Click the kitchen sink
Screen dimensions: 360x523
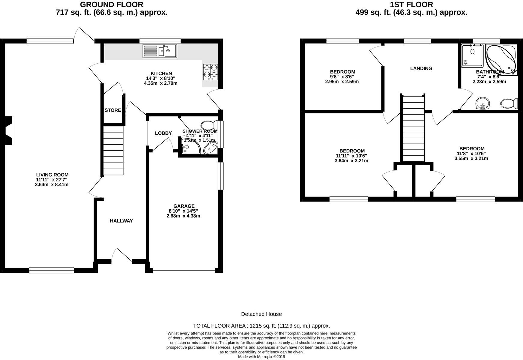160,51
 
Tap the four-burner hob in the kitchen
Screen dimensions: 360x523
211,72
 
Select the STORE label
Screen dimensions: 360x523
113,110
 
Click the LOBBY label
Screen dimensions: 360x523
163,133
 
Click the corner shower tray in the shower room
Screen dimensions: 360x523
190,146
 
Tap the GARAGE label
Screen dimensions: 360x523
184,206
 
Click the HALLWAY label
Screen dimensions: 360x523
121,221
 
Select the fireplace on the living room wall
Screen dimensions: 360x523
10,131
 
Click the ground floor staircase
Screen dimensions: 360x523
113,151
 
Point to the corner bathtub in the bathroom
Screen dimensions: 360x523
501,59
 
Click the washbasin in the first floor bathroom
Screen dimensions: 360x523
483,104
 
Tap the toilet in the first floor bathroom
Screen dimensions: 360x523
509,104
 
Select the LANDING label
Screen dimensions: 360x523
421,68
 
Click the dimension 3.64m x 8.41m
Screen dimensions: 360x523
52,185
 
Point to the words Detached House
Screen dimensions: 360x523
261,314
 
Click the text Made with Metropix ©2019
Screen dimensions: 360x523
261,357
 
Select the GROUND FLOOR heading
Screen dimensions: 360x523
112,5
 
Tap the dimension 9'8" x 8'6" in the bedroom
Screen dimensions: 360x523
342,77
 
